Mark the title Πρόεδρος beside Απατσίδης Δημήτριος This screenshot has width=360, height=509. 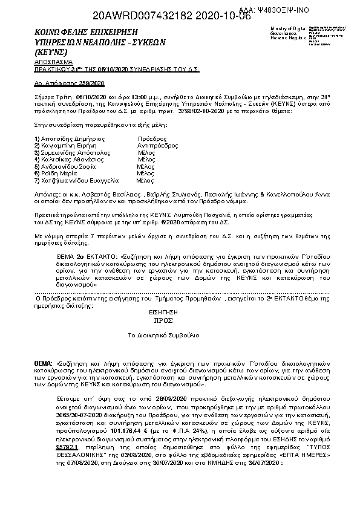point(152,138)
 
